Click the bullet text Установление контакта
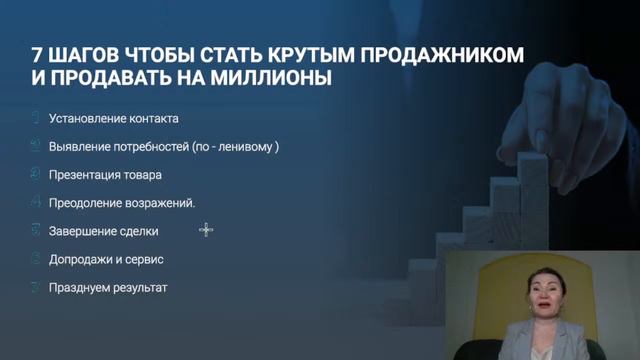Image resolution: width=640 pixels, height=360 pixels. [x=113, y=118]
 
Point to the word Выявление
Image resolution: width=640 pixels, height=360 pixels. [x=76, y=146]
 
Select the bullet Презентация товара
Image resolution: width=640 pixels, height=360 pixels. [x=105, y=174]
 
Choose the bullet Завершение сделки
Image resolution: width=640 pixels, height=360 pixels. [x=103, y=230]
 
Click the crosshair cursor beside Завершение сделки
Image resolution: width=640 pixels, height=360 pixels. [x=206, y=230]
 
